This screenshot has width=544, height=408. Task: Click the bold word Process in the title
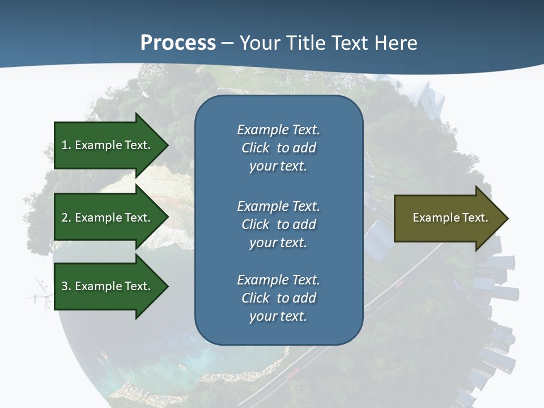(178, 43)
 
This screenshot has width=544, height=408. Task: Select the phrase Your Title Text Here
(328, 43)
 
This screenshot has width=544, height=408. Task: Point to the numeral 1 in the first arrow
(65, 145)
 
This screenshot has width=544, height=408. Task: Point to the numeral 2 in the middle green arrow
(65, 218)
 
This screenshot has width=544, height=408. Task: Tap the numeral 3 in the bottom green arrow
(65, 286)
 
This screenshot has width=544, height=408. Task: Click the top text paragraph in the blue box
(278, 148)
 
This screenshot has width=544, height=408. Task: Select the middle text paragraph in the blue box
(278, 224)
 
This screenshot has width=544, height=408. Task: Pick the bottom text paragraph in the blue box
(278, 298)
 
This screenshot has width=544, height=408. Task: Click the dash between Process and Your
(228, 44)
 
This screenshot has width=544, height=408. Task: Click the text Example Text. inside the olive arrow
(450, 218)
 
